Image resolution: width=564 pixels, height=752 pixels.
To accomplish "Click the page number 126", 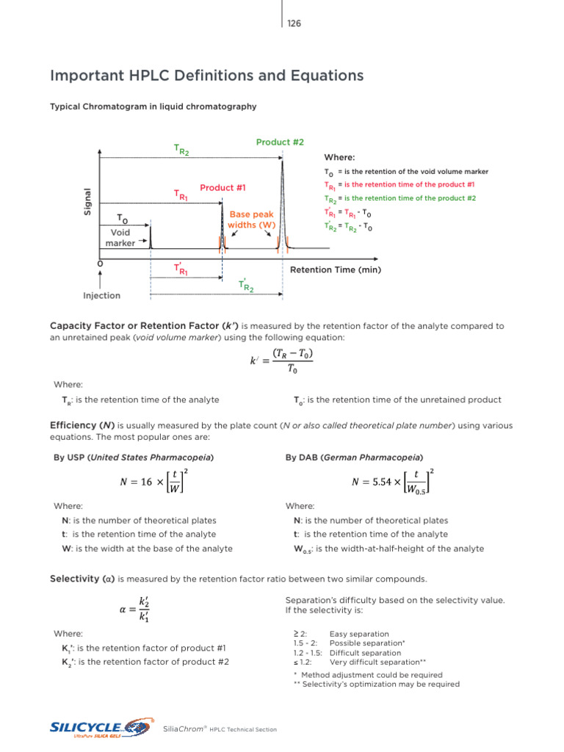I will pyautogui.click(x=294, y=24).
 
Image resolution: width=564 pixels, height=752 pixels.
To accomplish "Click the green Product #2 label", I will pyautogui.click(x=280, y=142).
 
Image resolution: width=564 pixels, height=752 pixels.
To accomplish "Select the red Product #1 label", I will pyautogui.click(x=223, y=188).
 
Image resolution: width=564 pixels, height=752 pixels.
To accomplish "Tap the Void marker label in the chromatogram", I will pyautogui.click(x=120, y=237).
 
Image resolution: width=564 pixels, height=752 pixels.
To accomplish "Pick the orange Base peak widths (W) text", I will pyautogui.click(x=252, y=220).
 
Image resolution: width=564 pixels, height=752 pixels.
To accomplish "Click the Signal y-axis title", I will pyautogui.click(x=88, y=202).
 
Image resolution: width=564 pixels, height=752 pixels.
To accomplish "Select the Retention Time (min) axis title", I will pyautogui.click(x=336, y=270).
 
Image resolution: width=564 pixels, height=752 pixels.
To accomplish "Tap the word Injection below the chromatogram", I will pyautogui.click(x=102, y=295).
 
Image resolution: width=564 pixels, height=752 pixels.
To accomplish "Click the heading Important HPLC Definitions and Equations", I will pyautogui.click(x=206, y=76).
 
